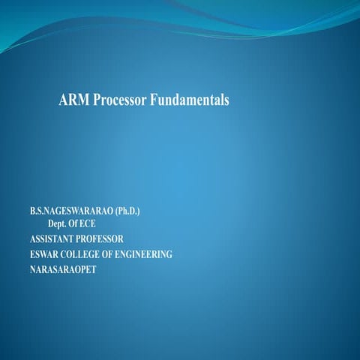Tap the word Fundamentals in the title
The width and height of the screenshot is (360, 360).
[190, 100]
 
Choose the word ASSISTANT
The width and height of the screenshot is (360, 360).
[45, 239]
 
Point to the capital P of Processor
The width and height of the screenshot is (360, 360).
[97, 100]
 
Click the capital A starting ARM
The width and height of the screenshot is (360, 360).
[63, 100]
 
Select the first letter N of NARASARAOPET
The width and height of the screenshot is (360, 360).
[24, 269]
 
